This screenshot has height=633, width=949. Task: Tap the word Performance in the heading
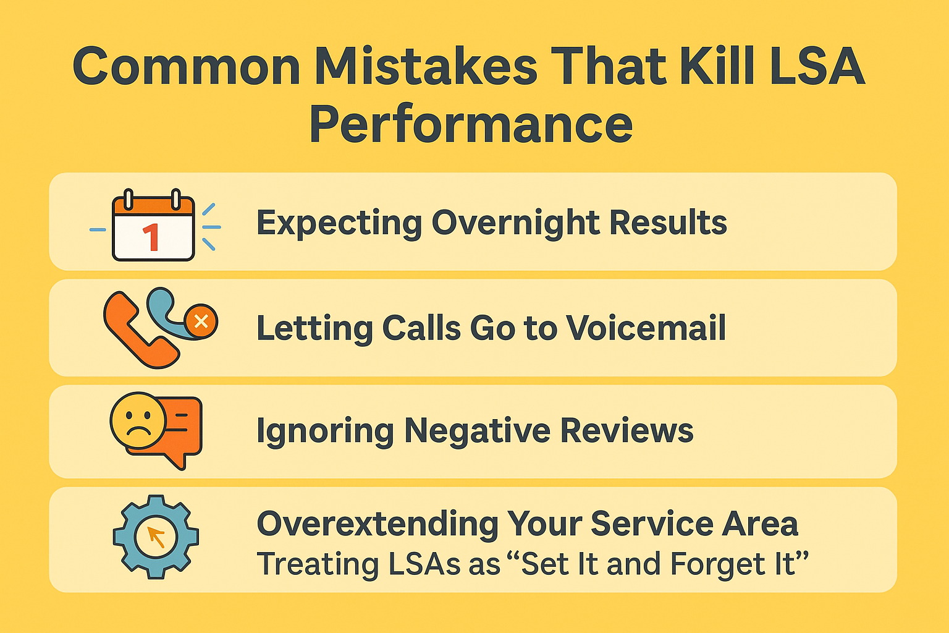[471, 124]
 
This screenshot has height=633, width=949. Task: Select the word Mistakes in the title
[426, 66]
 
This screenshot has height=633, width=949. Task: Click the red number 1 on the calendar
[151, 238]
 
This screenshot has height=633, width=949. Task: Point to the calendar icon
[153, 226]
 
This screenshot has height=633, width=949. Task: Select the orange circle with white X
[201, 321]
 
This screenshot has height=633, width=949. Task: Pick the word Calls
[421, 328]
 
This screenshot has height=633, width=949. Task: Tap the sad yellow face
[138, 420]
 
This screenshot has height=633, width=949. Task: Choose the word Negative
[477, 430]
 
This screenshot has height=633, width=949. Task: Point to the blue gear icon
[156, 537]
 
